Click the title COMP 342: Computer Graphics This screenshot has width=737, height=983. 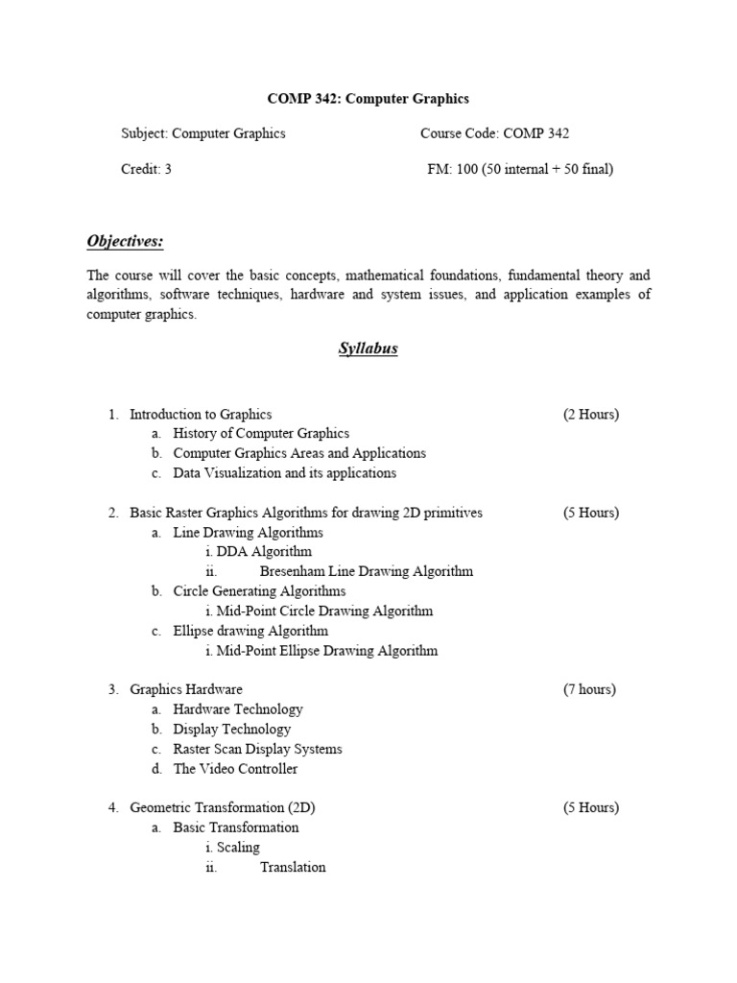tap(368, 98)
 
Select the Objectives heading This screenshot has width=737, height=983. tap(125, 241)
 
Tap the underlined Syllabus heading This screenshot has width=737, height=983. tap(368, 348)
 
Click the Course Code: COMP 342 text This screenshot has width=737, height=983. tap(494, 133)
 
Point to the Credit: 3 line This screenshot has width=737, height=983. tap(146, 169)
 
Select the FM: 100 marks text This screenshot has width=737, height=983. tap(520, 169)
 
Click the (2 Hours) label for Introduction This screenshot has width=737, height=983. tap(590, 415)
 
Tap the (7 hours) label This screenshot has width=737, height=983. tap(589, 689)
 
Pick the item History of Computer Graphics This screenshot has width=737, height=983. tap(261, 434)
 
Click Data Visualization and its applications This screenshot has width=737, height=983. tap(284, 473)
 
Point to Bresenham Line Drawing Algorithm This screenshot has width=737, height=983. tap(366, 571)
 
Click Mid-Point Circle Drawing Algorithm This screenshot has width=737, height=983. tap(324, 611)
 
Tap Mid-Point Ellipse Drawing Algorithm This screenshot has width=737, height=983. tap(326, 650)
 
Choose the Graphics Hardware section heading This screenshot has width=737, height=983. tap(186, 689)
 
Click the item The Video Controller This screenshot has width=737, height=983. tap(235, 768)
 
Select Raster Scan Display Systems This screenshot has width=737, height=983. tap(257, 749)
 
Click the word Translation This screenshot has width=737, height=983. tap(293, 867)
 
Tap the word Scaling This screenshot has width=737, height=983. tap(238, 847)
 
